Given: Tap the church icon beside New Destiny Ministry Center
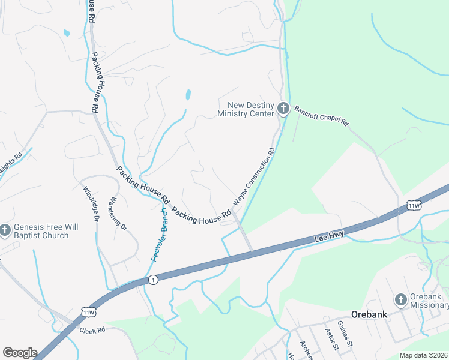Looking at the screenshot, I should click(283, 110).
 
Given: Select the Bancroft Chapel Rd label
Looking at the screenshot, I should click(321, 116).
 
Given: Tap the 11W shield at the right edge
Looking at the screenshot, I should click(414, 206).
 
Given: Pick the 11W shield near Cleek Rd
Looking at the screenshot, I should click(88, 313).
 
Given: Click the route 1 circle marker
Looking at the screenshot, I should click(154, 280).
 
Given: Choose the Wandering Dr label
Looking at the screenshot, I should click(119, 214).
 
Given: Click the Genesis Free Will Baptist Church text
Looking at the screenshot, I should click(41, 232).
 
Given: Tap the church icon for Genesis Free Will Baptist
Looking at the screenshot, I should click(5, 229).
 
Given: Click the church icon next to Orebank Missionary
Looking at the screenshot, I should click(401, 299).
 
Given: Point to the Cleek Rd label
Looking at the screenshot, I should click(93, 330).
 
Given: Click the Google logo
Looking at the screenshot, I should click(20, 353).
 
